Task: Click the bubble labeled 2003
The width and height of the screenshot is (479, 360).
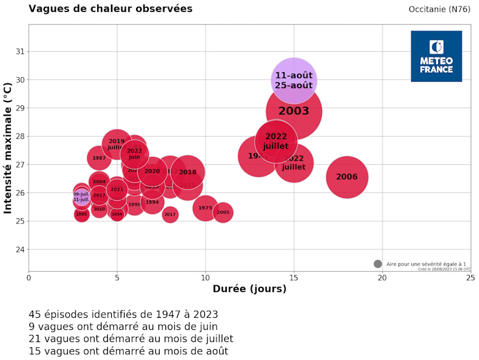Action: coord(294,111)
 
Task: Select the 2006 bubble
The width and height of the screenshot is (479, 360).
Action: coord(347,177)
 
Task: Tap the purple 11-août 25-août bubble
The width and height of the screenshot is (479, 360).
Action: coord(294,80)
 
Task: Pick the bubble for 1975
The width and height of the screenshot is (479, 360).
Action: coord(205,208)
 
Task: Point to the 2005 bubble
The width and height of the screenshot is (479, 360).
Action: coord(223,212)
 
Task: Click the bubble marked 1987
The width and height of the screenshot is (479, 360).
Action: coord(99,158)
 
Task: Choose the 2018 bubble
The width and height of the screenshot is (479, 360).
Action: coord(188,172)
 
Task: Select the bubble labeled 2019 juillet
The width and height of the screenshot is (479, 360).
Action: coord(116,144)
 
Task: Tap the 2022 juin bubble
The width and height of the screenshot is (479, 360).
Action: coord(134,154)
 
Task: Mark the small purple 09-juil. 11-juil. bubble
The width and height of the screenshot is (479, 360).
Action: coord(81,197)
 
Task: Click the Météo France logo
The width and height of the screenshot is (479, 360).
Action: coord(436,56)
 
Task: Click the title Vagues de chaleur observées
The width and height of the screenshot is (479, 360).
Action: coord(110,9)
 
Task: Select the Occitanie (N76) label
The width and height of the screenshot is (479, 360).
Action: coord(439,9)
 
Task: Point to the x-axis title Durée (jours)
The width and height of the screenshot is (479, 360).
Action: coord(249,289)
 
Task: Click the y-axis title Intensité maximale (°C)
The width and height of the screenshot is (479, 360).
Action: coord(8,147)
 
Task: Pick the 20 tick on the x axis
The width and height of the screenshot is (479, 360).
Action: coord(382,278)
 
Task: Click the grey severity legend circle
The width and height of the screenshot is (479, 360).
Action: coord(377,264)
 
